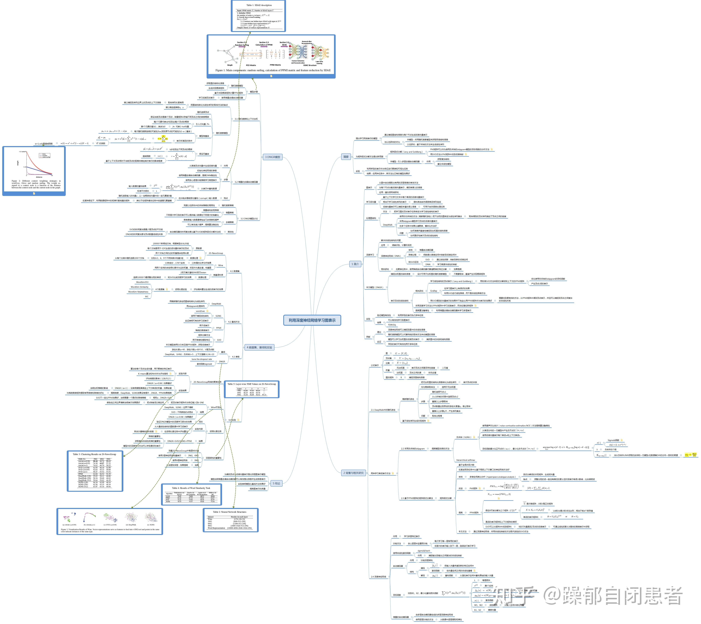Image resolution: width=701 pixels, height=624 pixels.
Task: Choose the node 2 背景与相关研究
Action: (x=353, y=473)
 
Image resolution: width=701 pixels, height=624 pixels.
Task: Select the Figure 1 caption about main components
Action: (x=273, y=70)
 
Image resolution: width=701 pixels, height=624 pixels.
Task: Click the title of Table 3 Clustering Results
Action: (x=94, y=454)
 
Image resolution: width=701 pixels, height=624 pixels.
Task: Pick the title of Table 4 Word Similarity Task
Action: (x=191, y=488)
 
